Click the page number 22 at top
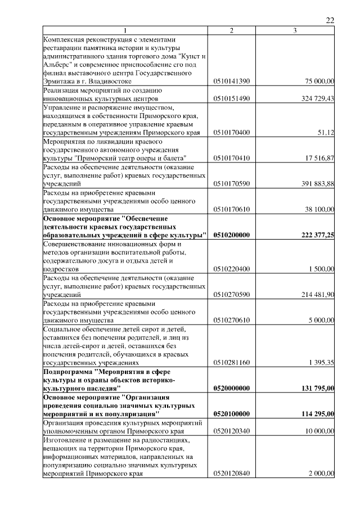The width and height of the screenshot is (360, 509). [x=330, y=20]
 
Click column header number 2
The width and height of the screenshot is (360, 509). [x=232, y=30]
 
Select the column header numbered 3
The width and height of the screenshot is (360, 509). [x=295, y=30]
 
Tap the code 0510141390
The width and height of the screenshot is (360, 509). [x=232, y=82]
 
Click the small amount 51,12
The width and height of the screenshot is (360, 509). [x=326, y=132]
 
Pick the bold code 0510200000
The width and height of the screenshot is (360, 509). [x=232, y=235]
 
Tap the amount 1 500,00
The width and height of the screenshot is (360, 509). [x=322, y=269]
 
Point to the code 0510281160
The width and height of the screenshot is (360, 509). [x=232, y=363]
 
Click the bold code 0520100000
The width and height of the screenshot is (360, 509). [x=232, y=414]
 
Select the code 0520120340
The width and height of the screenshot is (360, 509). [x=232, y=431]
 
